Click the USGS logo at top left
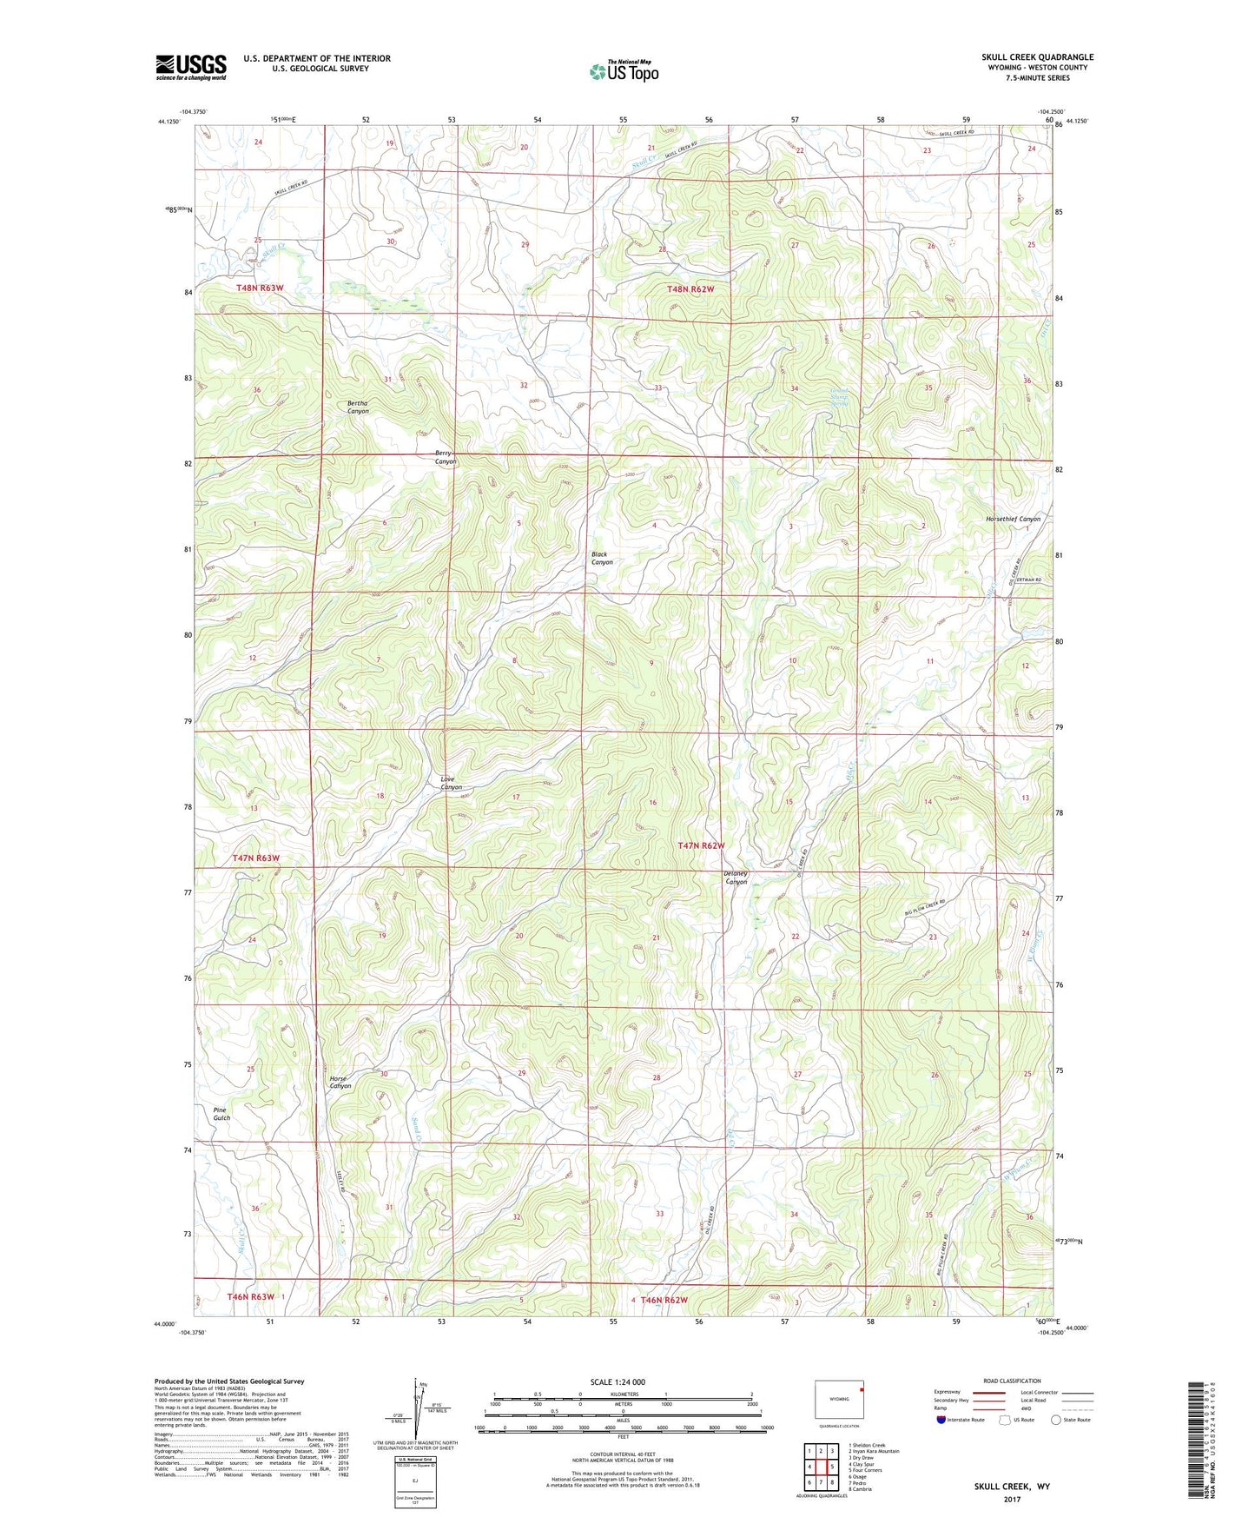click(190, 67)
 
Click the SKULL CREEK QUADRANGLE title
click(1037, 57)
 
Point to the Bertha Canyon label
click(358, 407)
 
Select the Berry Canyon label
click(446, 457)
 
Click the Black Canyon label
click(601, 558)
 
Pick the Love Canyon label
click(450, 783)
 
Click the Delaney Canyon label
click(735, 878)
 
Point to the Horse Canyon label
click(340, 1082)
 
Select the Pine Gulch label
click(221, 1114)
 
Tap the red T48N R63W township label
click(260, 288)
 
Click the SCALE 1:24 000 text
click(618, 1381)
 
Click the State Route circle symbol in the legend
click(1055, 1420)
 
